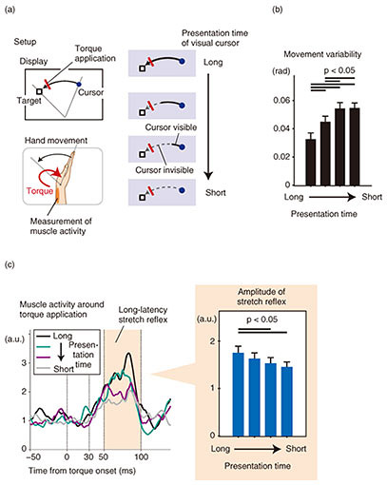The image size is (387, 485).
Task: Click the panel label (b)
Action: coord(278,10)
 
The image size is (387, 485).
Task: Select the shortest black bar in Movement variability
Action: coord(311,162)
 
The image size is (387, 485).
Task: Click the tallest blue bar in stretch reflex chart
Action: coord(238,394)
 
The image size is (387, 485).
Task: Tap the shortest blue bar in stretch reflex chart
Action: coord(287,401)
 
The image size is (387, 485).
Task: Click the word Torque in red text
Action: coord(40,191)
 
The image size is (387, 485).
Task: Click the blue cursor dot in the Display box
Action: coord(79,84)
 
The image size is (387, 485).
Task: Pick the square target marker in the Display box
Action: coord(39,91)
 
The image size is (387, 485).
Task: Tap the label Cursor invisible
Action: coord(164,170)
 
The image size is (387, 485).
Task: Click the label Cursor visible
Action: coord(171,127)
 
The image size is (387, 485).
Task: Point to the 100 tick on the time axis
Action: coord(142,456)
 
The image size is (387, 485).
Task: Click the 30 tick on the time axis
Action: coord(88,456)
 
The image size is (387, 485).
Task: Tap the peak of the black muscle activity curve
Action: coord(128,353)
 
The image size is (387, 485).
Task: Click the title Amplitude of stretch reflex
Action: coord(261,296)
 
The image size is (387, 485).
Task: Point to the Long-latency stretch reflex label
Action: coord(143,315)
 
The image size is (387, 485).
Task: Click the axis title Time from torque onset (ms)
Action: coord(82,471)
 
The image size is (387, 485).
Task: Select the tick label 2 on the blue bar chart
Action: coord(212,341)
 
